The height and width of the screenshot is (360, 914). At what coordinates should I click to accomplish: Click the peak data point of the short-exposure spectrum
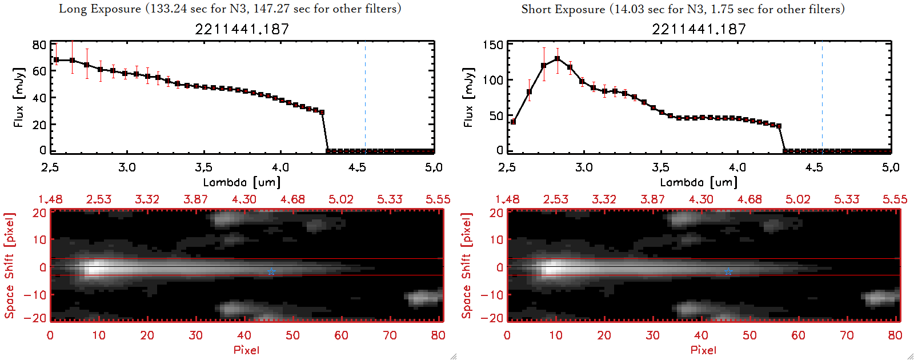tap(557, 59)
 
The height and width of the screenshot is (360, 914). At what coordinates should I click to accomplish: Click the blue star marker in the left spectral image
tap(271, 272)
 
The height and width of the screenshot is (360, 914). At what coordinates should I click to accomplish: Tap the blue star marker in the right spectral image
tap(728, 272)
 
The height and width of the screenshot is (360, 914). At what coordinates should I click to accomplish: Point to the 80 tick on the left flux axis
tap(39, 45)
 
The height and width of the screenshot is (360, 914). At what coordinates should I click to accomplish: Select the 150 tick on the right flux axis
tap(493, 45)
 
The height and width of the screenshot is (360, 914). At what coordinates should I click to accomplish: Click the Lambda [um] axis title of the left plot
tap(242, 182)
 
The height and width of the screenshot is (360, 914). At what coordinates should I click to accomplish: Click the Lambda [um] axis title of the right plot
tap(699, 182)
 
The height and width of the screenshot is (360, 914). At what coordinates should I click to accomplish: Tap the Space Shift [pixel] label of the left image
tap(10, 266)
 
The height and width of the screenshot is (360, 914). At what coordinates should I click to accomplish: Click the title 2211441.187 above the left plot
tap(242, 29)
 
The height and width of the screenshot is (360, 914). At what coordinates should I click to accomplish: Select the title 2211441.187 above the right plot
tap(699, 29)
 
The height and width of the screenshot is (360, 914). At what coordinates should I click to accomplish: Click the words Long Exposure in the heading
tap(100, 9)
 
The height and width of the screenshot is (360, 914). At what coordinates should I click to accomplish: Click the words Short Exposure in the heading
tap(563, 9)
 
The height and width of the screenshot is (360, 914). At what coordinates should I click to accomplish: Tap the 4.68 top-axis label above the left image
tap(292, 199)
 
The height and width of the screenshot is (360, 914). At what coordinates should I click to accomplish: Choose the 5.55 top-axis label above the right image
tap(895, 199)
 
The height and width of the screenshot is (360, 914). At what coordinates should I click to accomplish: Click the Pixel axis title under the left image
tap(246, 350)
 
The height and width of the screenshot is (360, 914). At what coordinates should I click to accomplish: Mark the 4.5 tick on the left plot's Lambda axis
tap(357, 167)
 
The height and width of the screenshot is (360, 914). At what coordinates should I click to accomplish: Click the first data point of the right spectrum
tap(513, 122)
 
